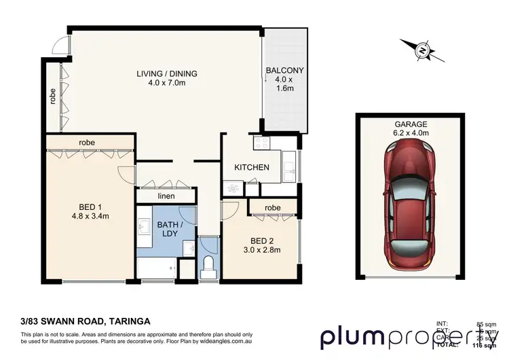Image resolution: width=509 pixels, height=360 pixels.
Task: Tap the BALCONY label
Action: point(284,70)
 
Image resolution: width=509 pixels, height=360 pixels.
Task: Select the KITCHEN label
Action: point(252,167)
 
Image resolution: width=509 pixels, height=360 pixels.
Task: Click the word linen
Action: point(166,196)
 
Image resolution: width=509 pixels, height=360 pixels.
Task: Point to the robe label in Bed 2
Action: point(273,206)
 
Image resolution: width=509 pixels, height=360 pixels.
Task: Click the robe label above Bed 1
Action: point(86,142)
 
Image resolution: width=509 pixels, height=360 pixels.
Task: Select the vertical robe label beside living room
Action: point(52,96)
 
